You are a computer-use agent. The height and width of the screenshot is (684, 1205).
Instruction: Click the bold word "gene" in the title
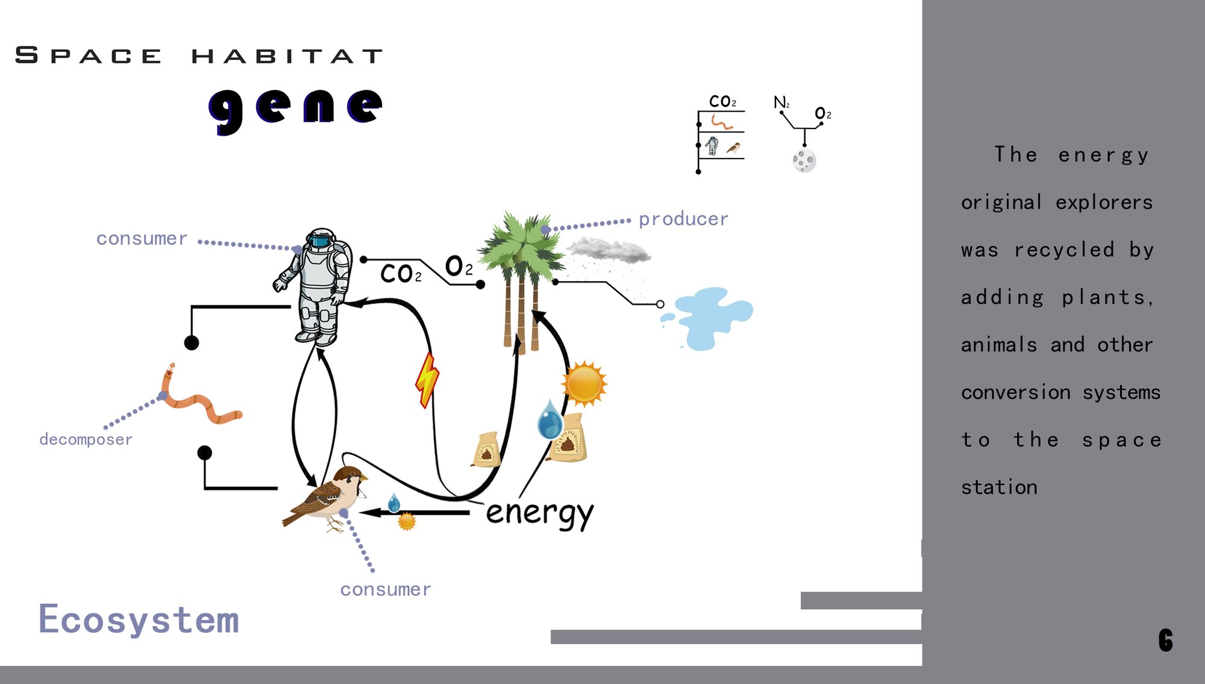(x=295, y=110)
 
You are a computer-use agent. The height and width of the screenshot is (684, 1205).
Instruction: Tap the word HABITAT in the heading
(x=287, y=56)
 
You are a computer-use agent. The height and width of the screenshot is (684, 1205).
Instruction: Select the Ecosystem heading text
(x=139, y=619)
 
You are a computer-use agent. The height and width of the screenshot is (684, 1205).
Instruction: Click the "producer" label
(x=683, y=219)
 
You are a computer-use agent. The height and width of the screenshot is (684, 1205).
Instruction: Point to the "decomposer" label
(x=86, y=439)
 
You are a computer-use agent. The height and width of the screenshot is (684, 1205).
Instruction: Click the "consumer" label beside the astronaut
(x=142, y=239)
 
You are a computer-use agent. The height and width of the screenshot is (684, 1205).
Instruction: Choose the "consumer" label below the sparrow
(x=386, y=589)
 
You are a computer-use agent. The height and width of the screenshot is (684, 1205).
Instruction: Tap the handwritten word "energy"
(x=540, y=515)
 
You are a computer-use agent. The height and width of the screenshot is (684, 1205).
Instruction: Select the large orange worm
(x=196, y=397)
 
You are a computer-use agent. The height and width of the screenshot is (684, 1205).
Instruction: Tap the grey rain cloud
(x=609, y=250)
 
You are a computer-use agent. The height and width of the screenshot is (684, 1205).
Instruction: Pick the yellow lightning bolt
(x=427, y=379)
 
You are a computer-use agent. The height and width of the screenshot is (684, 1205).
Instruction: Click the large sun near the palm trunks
(x=584, y=384)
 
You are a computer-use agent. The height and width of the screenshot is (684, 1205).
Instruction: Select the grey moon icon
(x=804, y=160)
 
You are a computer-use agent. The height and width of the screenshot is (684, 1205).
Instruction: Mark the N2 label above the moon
(x=781, y=102)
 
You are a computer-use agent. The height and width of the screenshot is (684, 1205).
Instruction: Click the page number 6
(x=1166, y=640)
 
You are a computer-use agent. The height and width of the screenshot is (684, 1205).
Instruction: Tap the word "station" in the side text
(x=999, y=487)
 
